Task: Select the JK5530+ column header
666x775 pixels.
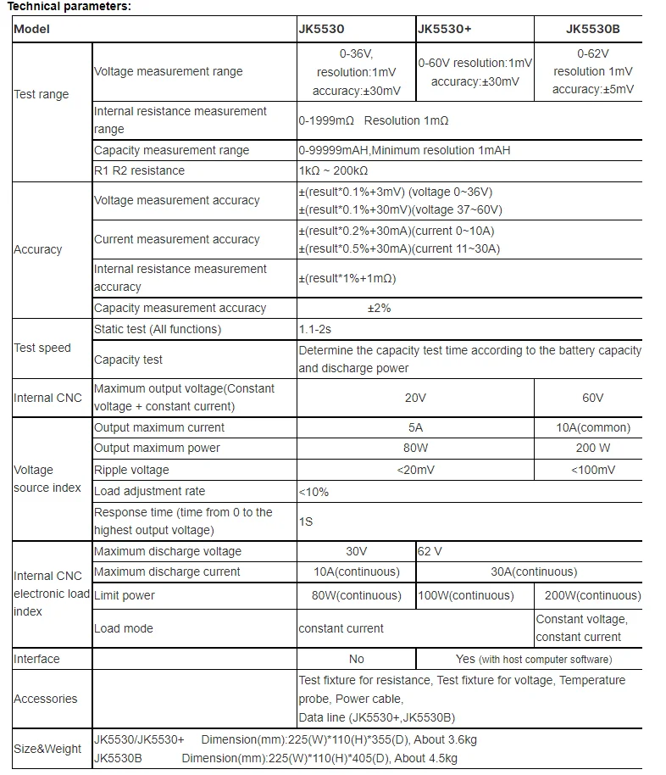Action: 445,29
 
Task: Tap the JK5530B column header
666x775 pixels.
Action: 592,29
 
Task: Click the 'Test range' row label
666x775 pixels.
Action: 42,94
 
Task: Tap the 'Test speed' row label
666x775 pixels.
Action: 42,348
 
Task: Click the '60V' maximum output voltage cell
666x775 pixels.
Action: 593,398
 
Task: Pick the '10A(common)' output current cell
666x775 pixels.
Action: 593,427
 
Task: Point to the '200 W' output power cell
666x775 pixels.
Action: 593,448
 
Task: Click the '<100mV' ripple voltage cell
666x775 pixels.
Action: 593,470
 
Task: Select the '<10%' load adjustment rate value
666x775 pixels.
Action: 314,492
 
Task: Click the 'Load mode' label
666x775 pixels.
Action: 124,628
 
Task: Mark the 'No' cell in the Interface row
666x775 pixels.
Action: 357,659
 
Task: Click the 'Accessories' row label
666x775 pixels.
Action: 46,699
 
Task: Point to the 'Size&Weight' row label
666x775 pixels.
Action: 47,749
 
